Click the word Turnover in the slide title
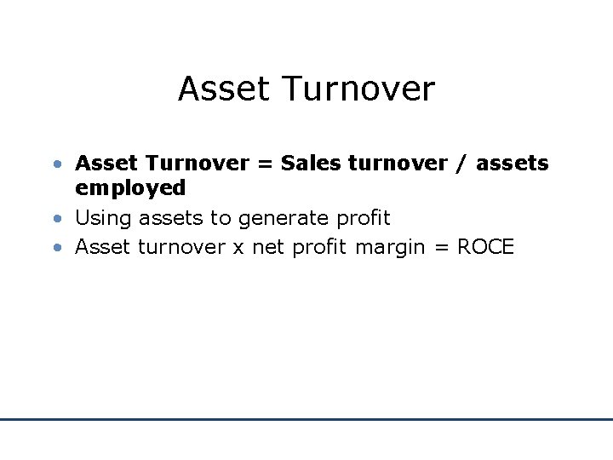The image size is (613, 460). pyautogui.click(x=358, y=89)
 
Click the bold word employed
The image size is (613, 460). pyautogui.click(x=130, y=188)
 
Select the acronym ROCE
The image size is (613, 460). pyautogui.click(x=485, y=247)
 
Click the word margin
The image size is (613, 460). pyautogui.click(x=392, y=248)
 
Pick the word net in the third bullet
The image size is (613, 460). pyautogui.click(x=268, y=247)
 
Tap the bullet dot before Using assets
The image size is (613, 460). pyautogui.click(x=55, y=219)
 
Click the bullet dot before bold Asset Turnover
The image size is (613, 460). pyautogui.click(x=55, y=163)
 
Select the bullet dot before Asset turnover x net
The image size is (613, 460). pyautogui.click(x=55, y=248)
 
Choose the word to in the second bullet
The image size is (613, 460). pyautogui.click(x=221, y=218)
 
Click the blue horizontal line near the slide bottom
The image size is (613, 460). pyautogui.click(x=306, y=419)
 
